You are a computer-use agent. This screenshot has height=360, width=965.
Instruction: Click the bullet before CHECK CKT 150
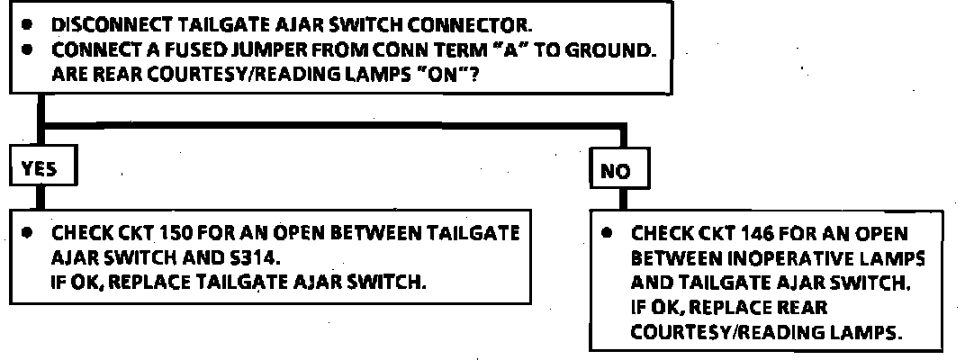point(30,233)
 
